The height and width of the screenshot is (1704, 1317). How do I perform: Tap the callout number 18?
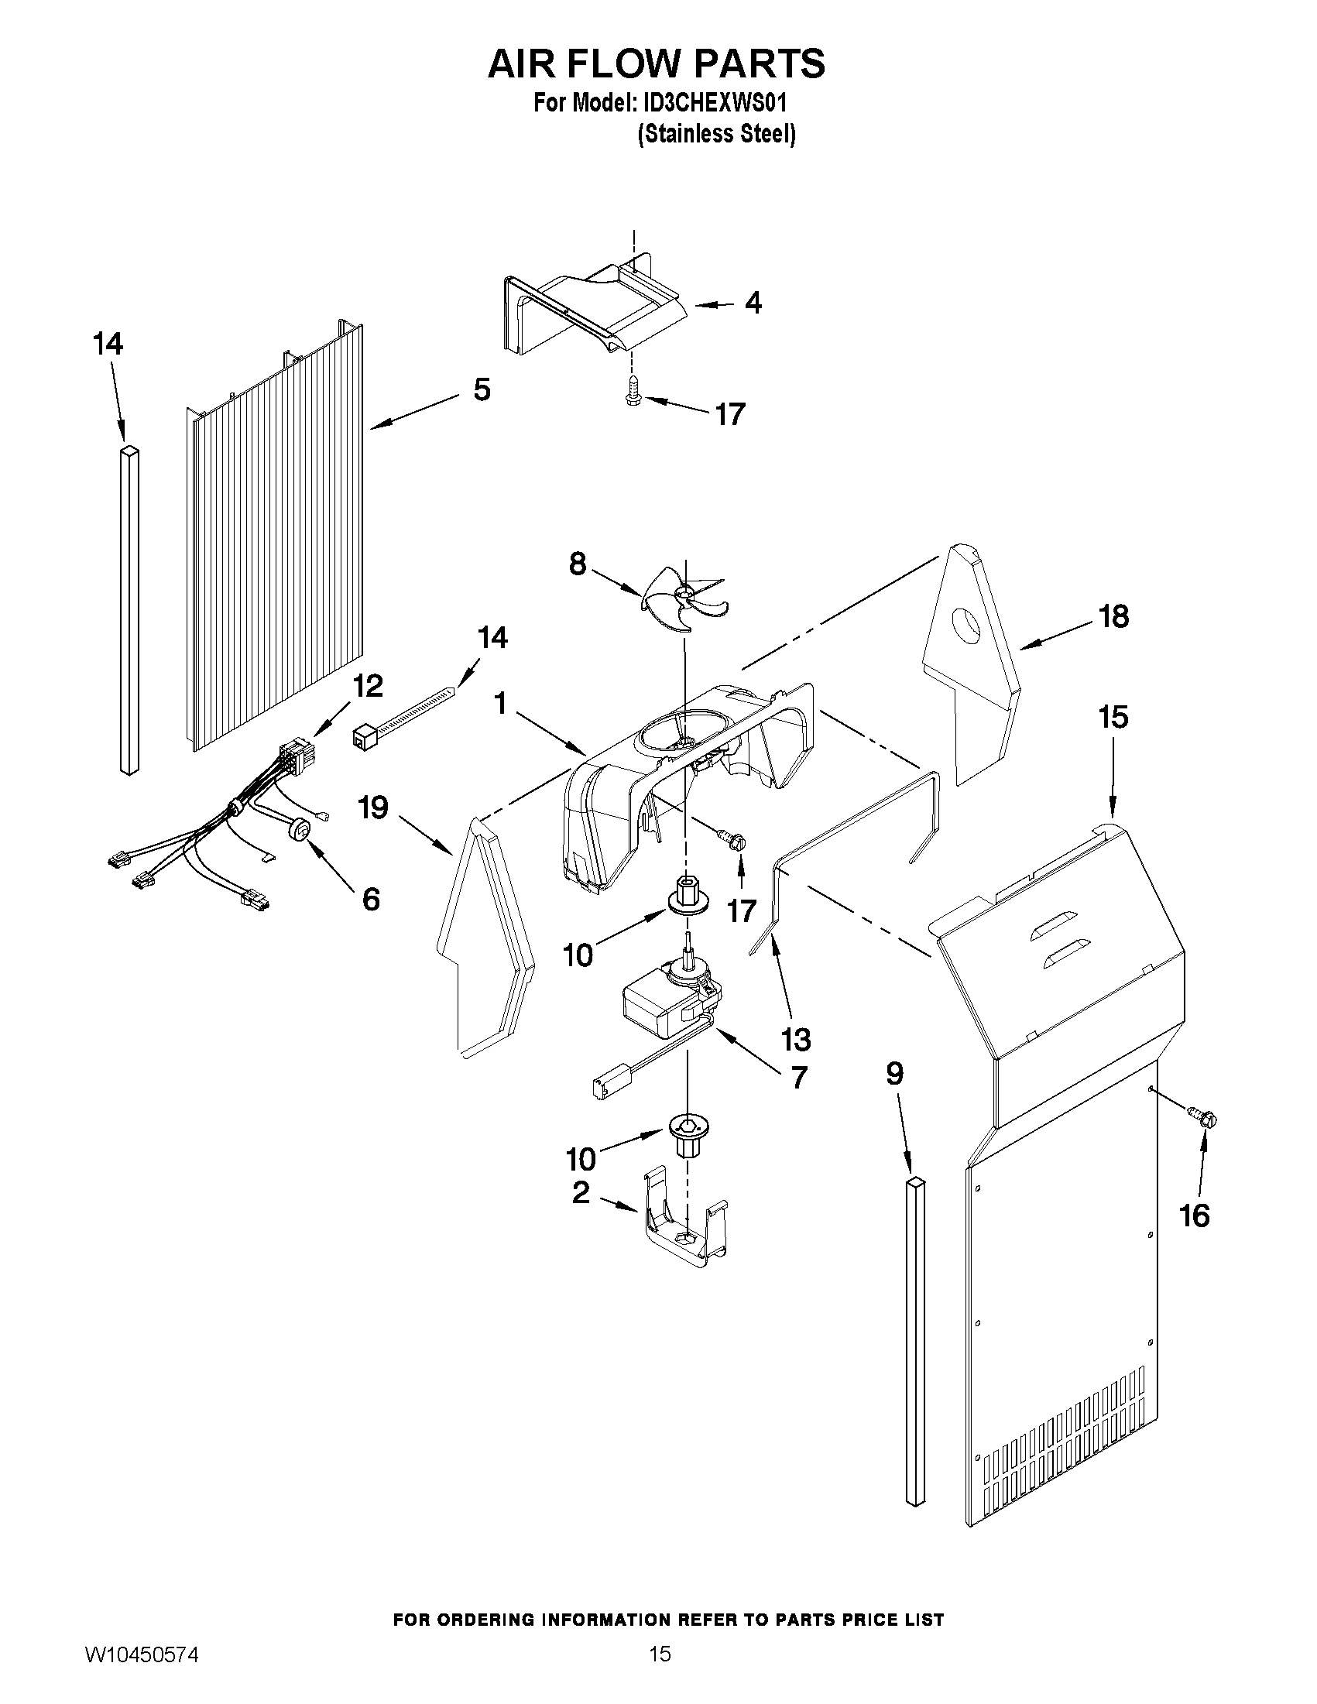(x=1113, y=616)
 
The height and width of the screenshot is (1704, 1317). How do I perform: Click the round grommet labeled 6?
(x=298, y=830)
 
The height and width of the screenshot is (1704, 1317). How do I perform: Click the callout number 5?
(x=482, y=389)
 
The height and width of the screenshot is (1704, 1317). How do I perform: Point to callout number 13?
(x=796, y=1039)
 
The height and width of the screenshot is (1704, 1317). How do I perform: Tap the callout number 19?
(x=373, y=807)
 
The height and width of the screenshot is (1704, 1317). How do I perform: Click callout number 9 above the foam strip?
(x=895, y=1075)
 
